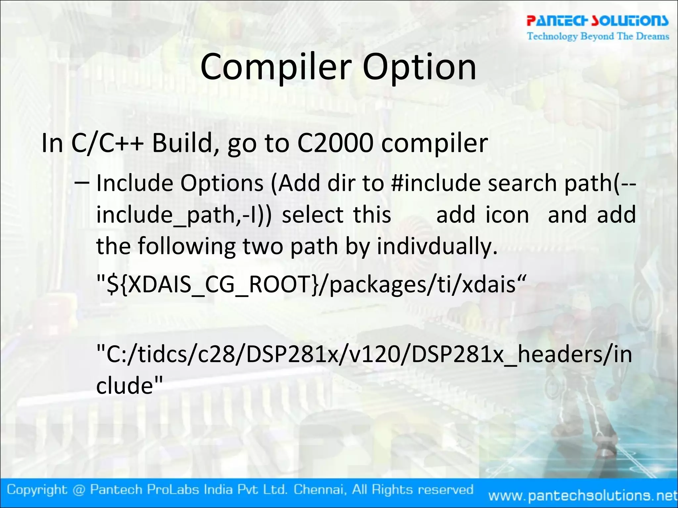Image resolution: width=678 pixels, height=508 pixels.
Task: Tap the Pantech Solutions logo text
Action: click(597, 21)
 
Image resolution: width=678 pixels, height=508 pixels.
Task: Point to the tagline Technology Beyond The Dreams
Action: click(598, 36)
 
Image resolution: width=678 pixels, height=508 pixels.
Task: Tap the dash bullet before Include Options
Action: click(81, 183)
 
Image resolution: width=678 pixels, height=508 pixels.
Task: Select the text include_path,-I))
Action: click(184, 215)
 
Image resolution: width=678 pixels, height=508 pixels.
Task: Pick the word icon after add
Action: click(507, 215)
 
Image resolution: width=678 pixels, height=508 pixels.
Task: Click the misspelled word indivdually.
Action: click(437, 247)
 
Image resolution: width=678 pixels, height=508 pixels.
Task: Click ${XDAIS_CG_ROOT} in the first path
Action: click(212, 284)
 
